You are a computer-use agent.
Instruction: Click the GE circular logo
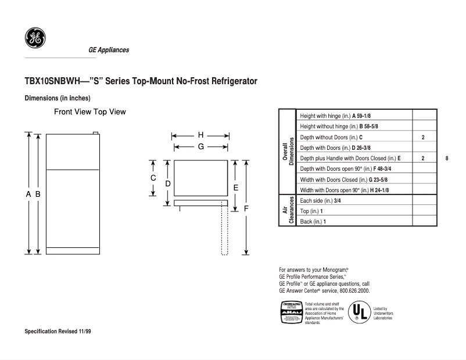(x=35, y=39)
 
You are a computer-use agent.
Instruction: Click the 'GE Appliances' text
(x=109, y=50)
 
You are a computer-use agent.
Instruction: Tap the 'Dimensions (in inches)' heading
(x=57, y=98)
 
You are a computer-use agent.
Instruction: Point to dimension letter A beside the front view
(x=28, y=195)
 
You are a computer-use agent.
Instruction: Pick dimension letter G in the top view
(x=200, y=147)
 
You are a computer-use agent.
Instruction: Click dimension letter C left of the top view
(x=153, y=178)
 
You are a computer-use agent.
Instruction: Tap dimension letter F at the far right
(x=246, y=208)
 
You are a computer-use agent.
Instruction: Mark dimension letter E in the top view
(x=235, y=188)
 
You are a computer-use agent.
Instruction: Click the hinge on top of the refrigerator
(x=96, y=133)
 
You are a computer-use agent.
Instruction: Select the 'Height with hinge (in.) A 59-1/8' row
(x=335, y=116)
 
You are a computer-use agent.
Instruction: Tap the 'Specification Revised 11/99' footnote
(x=58, y=332)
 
